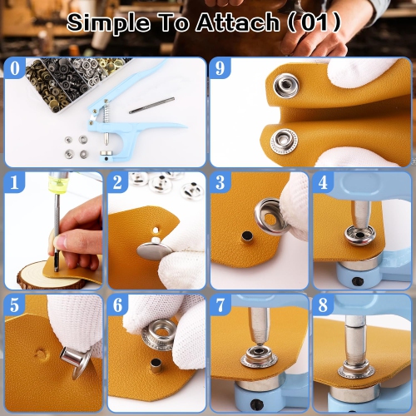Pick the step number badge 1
click(14, 182)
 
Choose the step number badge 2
click(118, 182)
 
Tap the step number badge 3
click(220, 182)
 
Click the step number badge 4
click(324, 182)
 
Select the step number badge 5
click(14, 305)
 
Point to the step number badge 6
click(118, 305)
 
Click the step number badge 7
click(220, 305)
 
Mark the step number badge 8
click(324, 305)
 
